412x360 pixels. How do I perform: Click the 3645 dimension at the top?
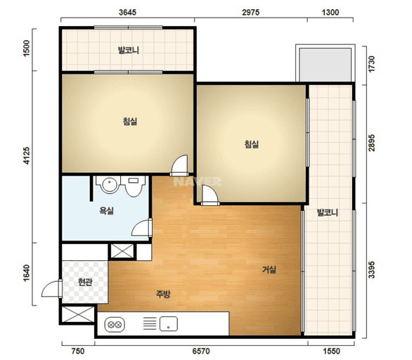click(x=127, y=13)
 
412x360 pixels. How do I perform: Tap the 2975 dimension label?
click(x=251, y=13)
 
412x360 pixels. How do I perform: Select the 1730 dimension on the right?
click(x=371, y=65)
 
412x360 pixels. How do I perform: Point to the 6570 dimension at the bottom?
click(x=201, y=351)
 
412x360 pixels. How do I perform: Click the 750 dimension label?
click(x=78, y=351)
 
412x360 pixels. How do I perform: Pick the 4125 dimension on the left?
click(x=27, y=156)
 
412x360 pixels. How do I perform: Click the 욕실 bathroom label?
click(x=106, y=210)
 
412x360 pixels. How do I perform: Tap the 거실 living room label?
click(x=269, y=269)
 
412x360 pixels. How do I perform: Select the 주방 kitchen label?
click(x=163, y=294)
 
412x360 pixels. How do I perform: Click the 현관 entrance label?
click(x=85, y=282)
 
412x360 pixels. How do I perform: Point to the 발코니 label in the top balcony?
click(x=129, y=50)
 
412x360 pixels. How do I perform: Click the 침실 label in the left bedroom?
click(x=130, y=122)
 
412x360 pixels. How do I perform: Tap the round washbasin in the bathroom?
click(x=109, y=185)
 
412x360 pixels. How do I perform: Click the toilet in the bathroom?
click(x=134, y=186)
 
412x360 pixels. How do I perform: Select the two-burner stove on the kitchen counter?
click(x=115, y=325)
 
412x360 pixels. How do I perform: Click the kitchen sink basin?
click(x=169, y=323)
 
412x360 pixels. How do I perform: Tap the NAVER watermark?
click(x=197, y=181)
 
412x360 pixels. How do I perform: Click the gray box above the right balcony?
click(x=326, y=65)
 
